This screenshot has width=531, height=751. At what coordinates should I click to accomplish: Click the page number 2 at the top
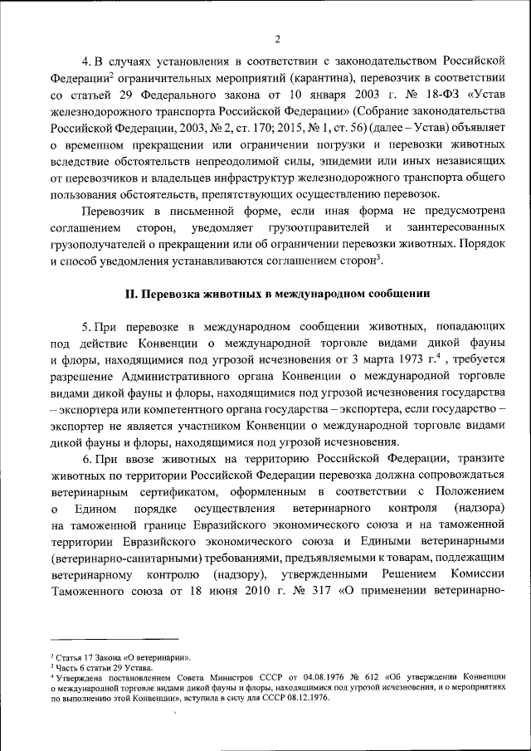(x=278, y=38)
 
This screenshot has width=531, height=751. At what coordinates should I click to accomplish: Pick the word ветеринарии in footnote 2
(x=170, y=656)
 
